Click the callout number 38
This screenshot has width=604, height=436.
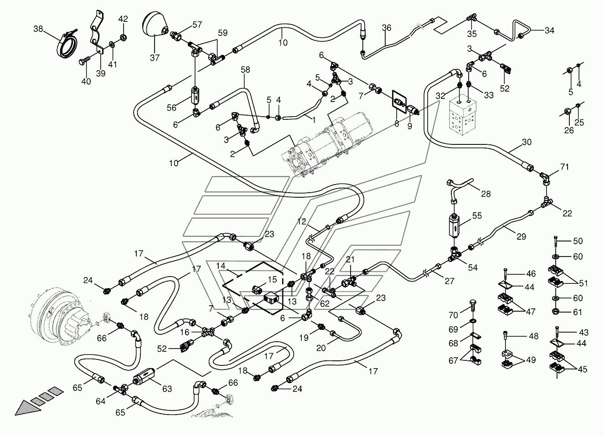38,29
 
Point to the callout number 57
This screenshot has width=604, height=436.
197,25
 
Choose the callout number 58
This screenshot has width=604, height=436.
245,70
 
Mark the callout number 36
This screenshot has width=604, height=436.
387,27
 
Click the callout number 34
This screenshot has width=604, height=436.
549,31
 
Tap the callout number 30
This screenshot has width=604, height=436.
527,142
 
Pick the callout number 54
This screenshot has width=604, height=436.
473,267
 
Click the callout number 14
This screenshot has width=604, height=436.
221,266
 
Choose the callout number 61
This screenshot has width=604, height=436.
578,312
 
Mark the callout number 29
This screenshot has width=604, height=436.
521,236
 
